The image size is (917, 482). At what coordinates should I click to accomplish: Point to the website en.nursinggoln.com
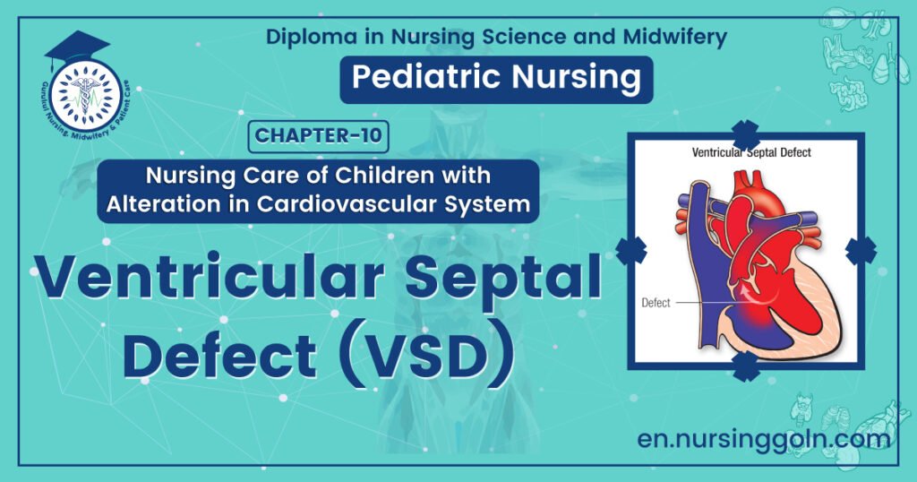[764, 439]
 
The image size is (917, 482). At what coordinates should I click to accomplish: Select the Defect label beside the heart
[656, 303]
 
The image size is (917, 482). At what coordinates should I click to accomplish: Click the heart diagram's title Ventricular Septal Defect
[751, 152]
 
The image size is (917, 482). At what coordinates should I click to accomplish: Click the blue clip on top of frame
[745, 134]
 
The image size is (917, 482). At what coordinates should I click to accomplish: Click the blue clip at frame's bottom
[745, 366]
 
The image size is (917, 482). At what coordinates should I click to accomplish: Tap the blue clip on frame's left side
[630, 250]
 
